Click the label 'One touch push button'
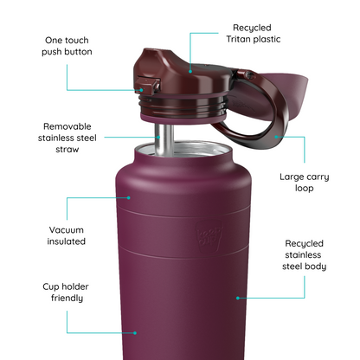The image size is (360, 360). [x=66, y=46]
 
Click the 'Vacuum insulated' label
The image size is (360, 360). [x=67, y=235]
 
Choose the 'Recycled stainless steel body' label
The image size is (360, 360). [x=304, y=255]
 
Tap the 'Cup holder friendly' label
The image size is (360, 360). [x=67, y=292]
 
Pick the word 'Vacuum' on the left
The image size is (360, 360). [x=67, y=228]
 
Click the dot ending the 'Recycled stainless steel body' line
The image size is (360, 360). [x=236, y=298]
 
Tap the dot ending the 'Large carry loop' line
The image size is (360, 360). [x=276, y=134]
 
